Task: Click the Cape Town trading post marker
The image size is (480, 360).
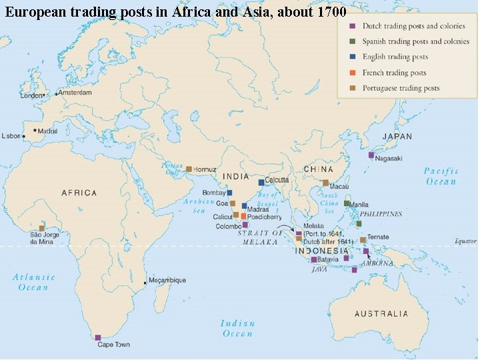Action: [98, 337]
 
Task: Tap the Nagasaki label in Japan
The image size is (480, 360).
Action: [389, 159]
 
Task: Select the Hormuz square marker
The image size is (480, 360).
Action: [189, 169]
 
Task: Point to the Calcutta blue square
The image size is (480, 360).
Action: [261, 182]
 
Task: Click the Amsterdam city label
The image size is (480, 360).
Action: [75, 93]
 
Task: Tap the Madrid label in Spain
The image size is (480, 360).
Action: [47, 131]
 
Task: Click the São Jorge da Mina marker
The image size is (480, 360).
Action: [41, 228]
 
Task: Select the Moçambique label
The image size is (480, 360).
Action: [169, 281]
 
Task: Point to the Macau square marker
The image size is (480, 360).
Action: [325, 183]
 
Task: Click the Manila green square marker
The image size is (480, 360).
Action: [347, 203]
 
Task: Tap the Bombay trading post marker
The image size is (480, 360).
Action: [229, 193]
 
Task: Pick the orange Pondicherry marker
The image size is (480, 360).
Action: [244, 217]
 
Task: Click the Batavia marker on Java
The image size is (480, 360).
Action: [314, 259]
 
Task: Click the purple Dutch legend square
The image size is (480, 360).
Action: [350, 26]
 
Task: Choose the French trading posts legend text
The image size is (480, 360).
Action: [394, 73]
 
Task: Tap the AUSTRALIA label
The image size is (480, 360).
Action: [381, 313]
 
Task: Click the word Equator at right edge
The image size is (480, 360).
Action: [465, 241]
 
